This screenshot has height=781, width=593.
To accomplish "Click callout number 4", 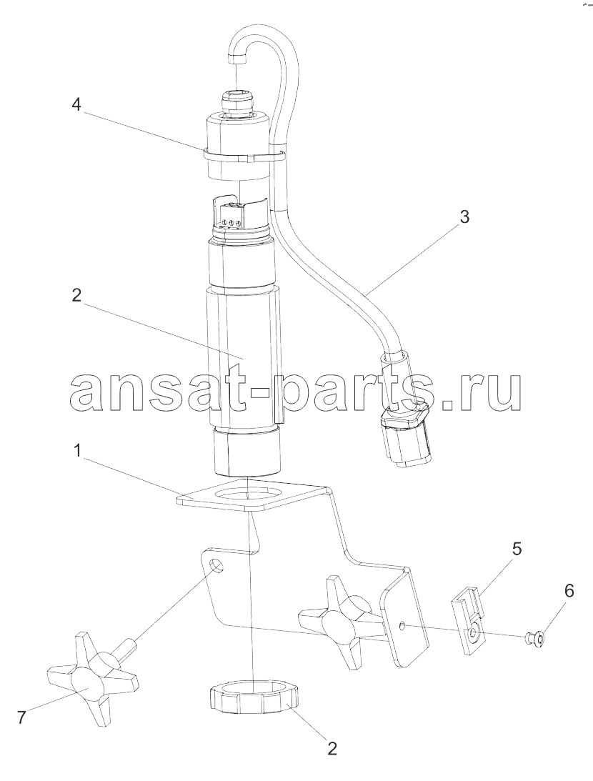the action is [76, 106].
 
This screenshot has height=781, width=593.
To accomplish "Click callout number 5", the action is [517, 549].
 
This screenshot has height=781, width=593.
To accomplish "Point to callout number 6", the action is [568, 591].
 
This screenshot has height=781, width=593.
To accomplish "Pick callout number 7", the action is [21, 717].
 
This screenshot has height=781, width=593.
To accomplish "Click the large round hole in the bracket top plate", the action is [248, 495].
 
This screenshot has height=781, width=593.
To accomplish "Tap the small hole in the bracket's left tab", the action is [216, 566].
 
